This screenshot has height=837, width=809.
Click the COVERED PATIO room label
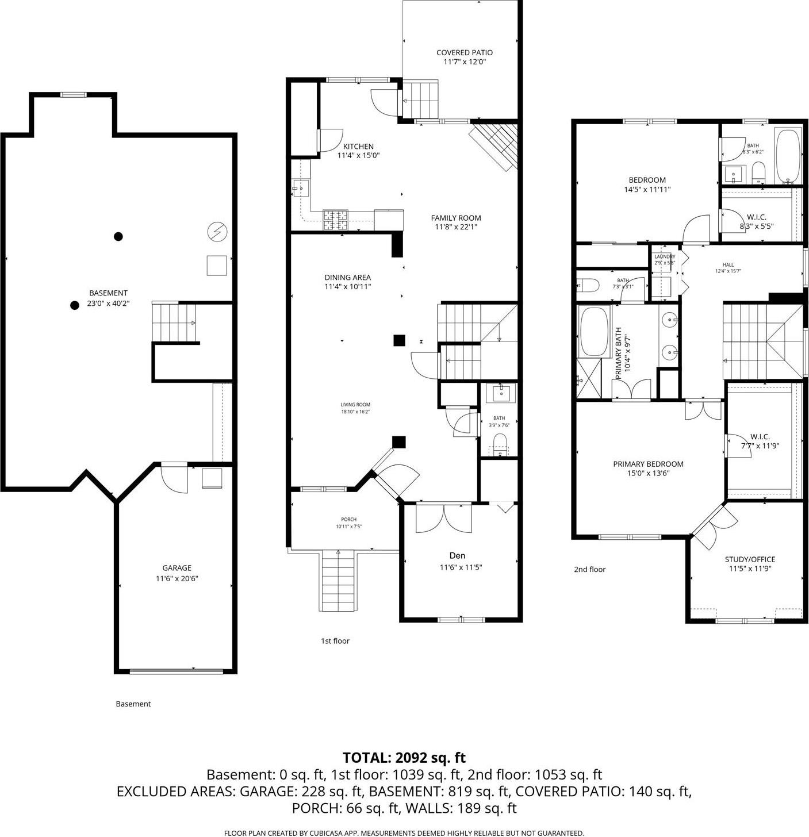[x=464, y=52]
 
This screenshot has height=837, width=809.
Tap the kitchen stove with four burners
[x=335, y=219]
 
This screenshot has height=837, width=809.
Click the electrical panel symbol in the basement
[x=217, y=232]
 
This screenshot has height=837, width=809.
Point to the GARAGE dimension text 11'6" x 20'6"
[x=177, y=579]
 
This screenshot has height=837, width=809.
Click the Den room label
[x=457, y=555]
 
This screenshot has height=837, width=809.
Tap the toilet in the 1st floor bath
[x=500, y=444]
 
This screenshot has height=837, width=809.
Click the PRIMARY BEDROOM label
[x=648, y=464]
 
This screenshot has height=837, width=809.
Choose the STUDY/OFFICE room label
[x=750, y=559]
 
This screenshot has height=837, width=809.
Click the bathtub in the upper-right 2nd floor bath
[x=788, y=155]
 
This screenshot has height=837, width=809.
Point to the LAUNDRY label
[x=665, y=256]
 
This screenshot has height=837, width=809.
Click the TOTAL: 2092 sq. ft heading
[x=404, y=758]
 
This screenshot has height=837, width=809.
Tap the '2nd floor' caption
[x=589, y=570]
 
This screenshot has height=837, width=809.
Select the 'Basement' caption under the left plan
[x=133, y=704]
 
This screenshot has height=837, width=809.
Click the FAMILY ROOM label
[x=456, y=218]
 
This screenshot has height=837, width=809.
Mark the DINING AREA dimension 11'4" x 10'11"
[x=347, y=286]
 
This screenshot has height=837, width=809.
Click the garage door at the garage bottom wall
[x=176, y=670]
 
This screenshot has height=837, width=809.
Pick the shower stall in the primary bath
[x=589, y=378]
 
